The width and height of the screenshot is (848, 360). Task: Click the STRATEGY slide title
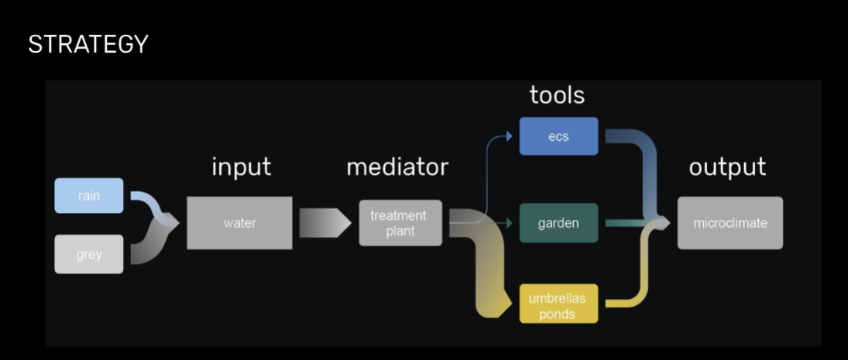pyautogui.click(x=88, y=44)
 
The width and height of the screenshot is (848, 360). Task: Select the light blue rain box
pyautogui.click(x=89, y=196)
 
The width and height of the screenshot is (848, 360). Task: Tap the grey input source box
pyautogui.click(x=89, y=254)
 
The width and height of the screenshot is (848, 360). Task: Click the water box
pyautogui.click(x=239, y=223)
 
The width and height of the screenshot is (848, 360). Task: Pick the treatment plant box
pyautogui.click(x=400, y=223)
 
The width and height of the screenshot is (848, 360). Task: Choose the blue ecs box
pyautogui.click(x=558, y=136)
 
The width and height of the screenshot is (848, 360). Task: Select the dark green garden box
pyautogui.click(x=558, y=223)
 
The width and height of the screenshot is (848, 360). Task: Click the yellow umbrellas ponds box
pyautogui.click(x=558, y=305)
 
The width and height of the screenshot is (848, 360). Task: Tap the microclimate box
pyautogui.click(x=730, y=223)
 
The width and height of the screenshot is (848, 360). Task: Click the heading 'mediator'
pyautogui.click(x=397, y=166)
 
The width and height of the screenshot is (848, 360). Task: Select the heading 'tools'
pyautogui.click(x=557, y=94)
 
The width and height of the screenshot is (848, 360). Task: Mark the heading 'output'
pyautogui.click(x=727, y=166)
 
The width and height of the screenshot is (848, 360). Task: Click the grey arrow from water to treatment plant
pyautogui.click(x=324, y=223)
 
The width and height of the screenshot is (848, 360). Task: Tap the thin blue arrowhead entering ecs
pyautogui.click(x=508, y=136)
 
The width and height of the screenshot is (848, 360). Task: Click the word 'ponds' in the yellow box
pyautogui.click(x=558, y=314)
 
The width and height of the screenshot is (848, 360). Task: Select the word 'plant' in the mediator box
pyautogui.click(x=400, y=231)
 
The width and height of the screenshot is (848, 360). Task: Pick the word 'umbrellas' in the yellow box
pyautogui.click(x=558, y=298)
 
